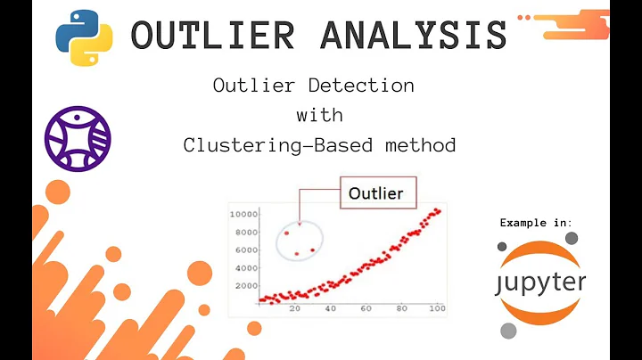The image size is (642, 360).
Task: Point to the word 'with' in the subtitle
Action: [x=319, y=115]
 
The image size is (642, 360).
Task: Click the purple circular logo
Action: [x=78, y=138]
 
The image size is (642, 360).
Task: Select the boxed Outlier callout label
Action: [x=375, y=192]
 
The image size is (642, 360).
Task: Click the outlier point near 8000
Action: [x=286, y=233]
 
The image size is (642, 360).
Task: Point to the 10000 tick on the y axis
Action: [x=243, y=215]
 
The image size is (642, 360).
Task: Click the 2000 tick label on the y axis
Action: [x=246, y=285]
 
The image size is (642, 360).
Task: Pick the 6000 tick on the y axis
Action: [x=246, y=250]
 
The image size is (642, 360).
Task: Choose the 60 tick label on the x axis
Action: [x=366, y=308]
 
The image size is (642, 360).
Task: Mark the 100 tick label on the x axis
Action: [x=436, y=308]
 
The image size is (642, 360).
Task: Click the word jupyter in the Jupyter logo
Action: [x=541, y=282]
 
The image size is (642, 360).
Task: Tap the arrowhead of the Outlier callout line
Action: [x=300, y=223]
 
